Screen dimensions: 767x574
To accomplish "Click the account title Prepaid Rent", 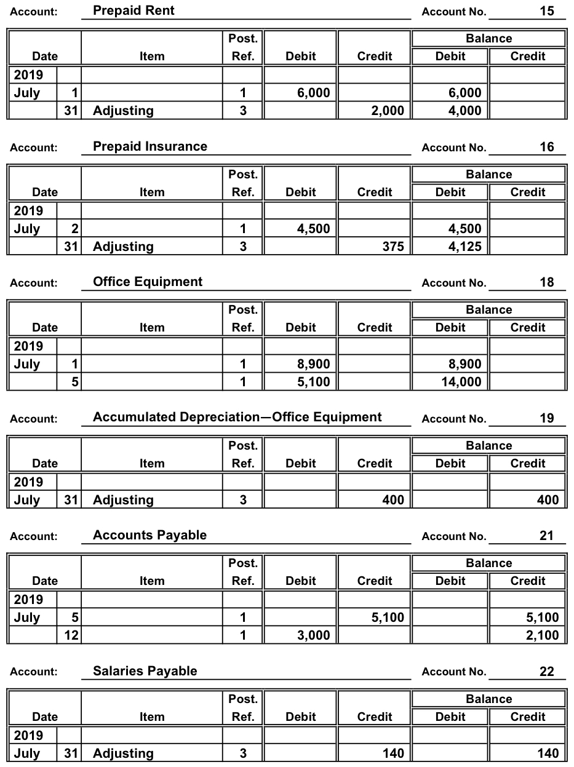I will pos(134,10).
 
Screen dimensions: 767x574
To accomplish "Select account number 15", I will pos(546,11).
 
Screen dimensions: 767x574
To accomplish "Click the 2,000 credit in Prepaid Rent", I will pos(388,111).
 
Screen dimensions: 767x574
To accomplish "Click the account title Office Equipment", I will pos(148,282).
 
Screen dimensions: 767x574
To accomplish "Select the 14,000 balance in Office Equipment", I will pos(462,382).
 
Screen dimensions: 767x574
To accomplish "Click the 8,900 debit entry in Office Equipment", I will pos(314,364).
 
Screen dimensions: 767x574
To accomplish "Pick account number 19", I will pos(546,418).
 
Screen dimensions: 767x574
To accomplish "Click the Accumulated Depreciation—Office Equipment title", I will pos(237,417).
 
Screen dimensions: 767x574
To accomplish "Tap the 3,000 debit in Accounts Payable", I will pos(314,635).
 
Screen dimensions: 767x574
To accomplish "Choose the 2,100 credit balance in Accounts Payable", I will pos(544,635).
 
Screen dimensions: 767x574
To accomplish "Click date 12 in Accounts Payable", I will pos(71,635).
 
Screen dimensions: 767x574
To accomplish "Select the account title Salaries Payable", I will pos(145,670).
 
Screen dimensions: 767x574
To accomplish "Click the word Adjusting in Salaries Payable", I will pos(123,753).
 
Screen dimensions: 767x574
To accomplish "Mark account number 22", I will pos(546,672).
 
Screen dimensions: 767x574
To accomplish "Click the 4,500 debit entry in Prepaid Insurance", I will pos(314,229).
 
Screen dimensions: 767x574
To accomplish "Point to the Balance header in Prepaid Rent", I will pos(488,39).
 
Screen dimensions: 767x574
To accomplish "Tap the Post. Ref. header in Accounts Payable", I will pos(243,572).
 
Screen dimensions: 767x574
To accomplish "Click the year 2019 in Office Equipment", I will pos(29,346).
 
